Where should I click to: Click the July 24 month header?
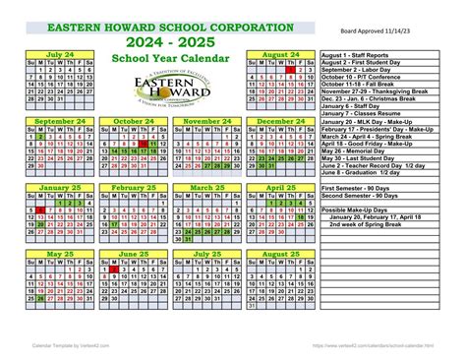(59, 55)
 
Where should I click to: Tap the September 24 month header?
(59, 121)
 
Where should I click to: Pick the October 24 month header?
(133, 121)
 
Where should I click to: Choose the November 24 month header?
(206, 121)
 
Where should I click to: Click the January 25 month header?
(59, 187)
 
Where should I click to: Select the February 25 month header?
(133, 187)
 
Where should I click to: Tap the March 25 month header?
(206, 187)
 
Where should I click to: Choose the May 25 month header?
(59, 254)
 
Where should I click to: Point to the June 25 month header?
(133, 254)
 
